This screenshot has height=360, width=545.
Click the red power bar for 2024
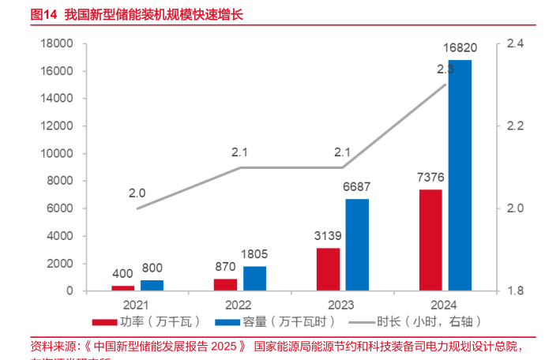pyautogui.click(x=430, y=240)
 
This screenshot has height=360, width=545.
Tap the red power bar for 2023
pyautogui.click(x=328, y=269)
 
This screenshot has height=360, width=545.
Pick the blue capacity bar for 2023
pyautogui.click(x=357, y=245)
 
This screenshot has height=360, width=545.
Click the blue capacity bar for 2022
pyautogui.click(x=254, y=278)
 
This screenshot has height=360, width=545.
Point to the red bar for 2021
pyautogui.click(x=122, y=287)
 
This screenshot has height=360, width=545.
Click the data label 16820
pyautogui.click(x=460, y=49)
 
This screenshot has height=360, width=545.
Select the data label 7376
pyautogui.click(x=430, y=178)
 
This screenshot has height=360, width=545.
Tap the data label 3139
pyautogui.click(x=328, y=236)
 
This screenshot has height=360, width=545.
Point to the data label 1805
pyautogui.click(x=254, y=255)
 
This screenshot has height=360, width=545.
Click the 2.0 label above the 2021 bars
pyautogui.click(x=137, y=193)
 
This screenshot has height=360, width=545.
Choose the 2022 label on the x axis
pyautogui.click(x=239, y=304)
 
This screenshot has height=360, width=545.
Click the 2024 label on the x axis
pyautogui.click(x=445, y=304)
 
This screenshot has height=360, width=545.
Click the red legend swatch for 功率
pyautogui.click(x=104, y=322)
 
